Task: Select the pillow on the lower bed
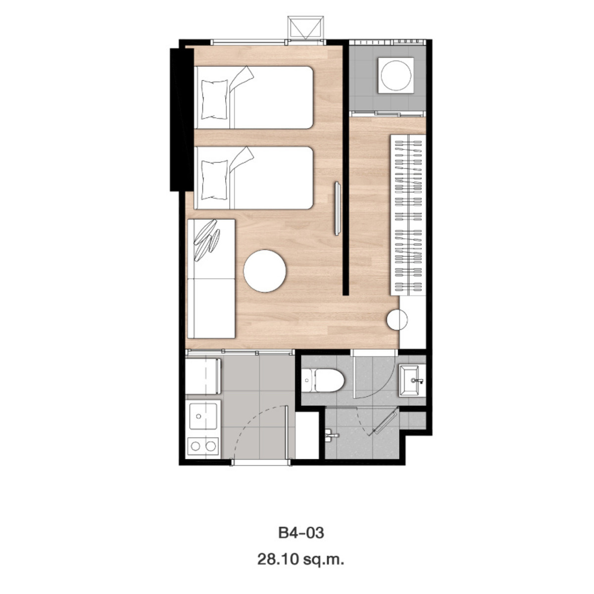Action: coord(214,180)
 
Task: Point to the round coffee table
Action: coord(264,271)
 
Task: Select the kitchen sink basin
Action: coord(203,416)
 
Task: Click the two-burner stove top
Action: coord(203,445)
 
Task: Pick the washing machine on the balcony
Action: coord(396,75)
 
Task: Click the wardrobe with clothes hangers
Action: coord(408,215)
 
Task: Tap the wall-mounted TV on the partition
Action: coord(338,209)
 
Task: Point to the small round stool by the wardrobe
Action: coord(397,320)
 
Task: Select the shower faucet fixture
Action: coord(332,435)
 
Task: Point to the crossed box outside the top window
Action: coord(306,28)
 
